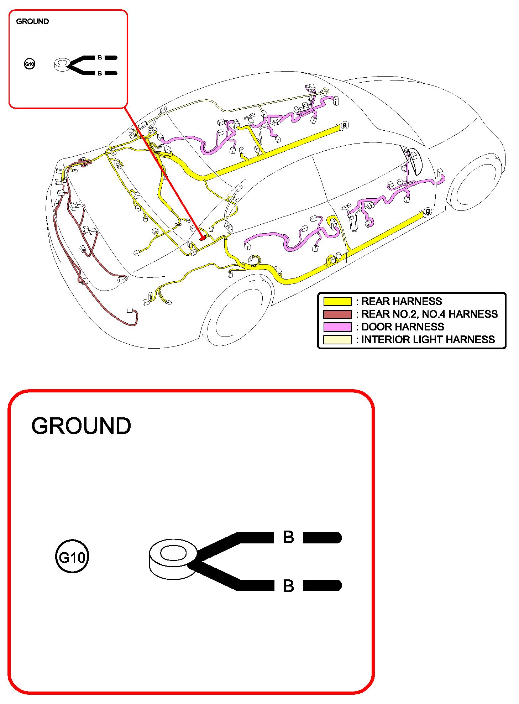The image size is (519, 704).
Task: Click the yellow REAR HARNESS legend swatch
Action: pos(337,301)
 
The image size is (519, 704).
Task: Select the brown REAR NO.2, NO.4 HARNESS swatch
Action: pos(337,314)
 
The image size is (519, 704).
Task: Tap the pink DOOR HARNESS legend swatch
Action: pos(337,327)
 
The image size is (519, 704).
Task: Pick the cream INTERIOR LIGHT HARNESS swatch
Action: pos(337,340)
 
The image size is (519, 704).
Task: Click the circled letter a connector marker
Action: pos(344,125)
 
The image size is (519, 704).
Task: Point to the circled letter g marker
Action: pos(428,211)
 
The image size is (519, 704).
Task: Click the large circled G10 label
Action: pos(72,557)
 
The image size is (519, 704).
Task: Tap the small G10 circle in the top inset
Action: pos(30,64)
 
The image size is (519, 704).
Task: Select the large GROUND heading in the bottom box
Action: pos(81,426)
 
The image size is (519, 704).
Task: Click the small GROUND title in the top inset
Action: pos(32,21)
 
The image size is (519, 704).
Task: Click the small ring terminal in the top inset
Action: pos(62,65)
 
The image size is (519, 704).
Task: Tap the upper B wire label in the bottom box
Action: pos(288,537)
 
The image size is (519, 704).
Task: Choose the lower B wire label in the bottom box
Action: pos(288,586)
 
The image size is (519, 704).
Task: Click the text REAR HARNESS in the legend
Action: pos(402,301)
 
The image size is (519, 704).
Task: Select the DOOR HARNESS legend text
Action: pos(403,327)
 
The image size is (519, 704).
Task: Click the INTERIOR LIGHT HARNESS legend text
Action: pos(428,340)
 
